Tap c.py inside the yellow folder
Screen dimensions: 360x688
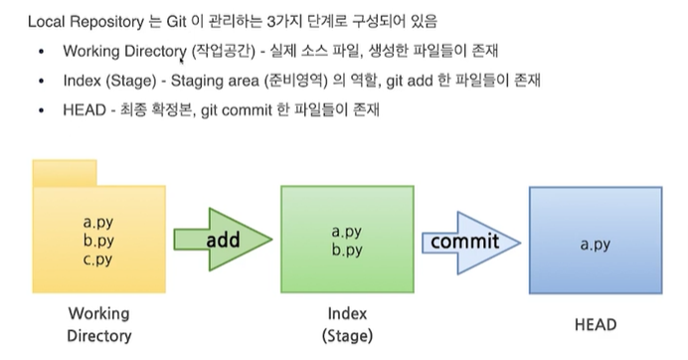[97, 261]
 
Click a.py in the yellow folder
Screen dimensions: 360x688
[97, 223]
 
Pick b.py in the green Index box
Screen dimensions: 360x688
[346, 251]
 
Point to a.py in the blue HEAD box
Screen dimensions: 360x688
[595, 242]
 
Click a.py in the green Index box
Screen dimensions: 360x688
[346, 232]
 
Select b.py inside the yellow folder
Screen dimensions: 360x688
[97, 242]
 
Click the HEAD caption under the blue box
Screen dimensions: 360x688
[596, 324]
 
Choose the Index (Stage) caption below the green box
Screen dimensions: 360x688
[347, 324]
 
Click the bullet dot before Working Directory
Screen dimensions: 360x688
[39, 52]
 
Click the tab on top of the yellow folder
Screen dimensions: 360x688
[65, 172]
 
